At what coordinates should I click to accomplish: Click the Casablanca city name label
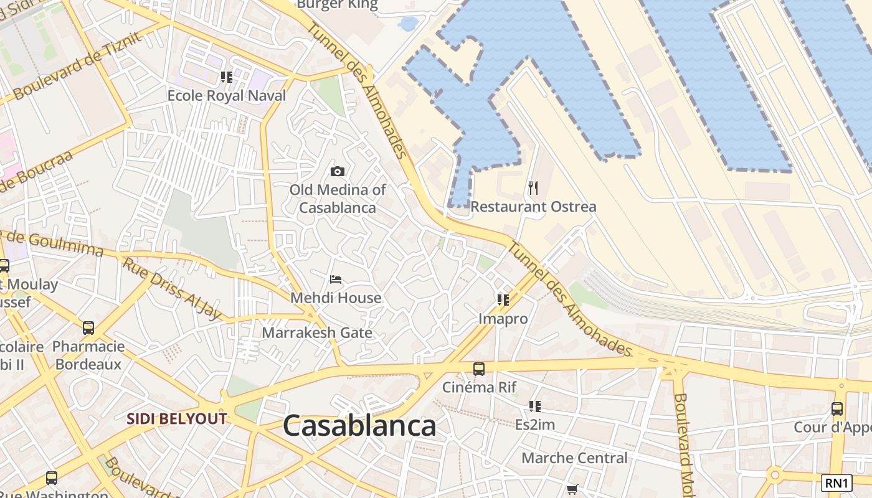(x=359, y=426)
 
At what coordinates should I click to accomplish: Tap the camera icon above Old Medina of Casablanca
(x=338, y=171)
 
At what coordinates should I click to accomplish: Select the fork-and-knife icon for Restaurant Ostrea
(x=533, y=187)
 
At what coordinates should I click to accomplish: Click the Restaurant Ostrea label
(x=533, y=207)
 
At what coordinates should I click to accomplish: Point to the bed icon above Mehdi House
(x=336, y=279)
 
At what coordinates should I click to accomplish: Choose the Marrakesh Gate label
(x=317, y=332)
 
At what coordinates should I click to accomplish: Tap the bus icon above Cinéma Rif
(x=478, y=369)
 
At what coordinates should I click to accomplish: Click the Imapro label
(x=503, y=319)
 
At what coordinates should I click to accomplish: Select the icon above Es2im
(x=534, y=406)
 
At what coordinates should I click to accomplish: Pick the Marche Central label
(x=574, y=458)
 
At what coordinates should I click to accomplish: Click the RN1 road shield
(x=836, y=482)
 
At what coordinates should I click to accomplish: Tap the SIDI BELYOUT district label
(x=177, y=418)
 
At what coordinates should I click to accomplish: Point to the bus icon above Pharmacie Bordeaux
(x=88, y=327)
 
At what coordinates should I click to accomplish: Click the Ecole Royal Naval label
(x=227, y=95)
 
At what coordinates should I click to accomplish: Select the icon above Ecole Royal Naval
(x=227, y=77)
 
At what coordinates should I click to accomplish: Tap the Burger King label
(x=337, y=5)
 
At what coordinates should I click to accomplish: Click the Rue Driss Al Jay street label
(x=171, y=288)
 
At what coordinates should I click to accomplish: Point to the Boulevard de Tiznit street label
(x=77, y=65)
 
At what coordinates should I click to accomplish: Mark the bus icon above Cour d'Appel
(x=837, y=409)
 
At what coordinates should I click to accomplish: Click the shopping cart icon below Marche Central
(x=572, y=489)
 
